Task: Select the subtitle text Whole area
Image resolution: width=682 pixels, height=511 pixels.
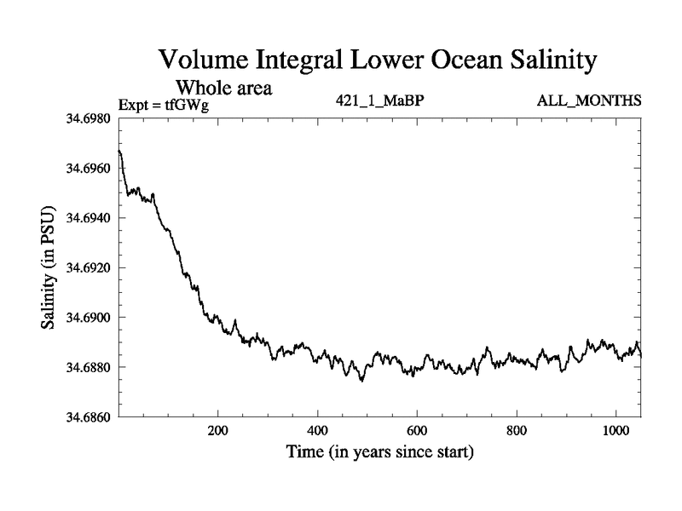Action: [x=224, y=87]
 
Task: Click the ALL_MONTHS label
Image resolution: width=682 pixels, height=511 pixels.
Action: [x=588, y=101]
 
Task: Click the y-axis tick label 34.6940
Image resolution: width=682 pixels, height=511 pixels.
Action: [x=86, y=218]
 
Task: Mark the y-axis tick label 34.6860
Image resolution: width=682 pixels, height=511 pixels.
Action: [x=86, y=417]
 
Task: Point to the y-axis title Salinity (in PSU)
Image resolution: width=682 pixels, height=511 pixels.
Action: [x=49, y=267]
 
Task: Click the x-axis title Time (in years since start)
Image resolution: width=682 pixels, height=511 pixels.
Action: [x=379, y=452]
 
